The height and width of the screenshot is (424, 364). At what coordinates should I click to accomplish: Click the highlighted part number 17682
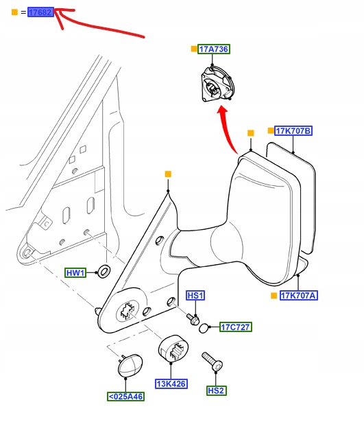(x=41, y=12)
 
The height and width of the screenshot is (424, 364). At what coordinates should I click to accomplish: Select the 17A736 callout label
(x=214, y=49)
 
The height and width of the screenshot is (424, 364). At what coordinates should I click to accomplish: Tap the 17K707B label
(x=293, y=131)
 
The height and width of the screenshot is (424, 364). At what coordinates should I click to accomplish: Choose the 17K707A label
(x=299, y=295)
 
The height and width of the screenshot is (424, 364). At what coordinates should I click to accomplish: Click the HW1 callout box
(x=75, y=273)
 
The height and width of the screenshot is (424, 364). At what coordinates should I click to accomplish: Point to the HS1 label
(x=195, y=296)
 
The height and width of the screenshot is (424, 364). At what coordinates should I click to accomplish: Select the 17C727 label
(x=236, y=327)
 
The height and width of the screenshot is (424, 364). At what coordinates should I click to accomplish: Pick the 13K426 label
(x=171, y=384)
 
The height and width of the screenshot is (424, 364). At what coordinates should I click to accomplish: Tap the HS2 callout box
(x=216, y=390)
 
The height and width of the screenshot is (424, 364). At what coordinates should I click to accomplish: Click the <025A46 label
(x=125, y=397)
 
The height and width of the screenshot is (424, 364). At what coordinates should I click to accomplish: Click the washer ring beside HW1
(x=104, y=272)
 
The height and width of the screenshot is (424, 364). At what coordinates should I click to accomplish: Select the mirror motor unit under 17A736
(x=218, y=84)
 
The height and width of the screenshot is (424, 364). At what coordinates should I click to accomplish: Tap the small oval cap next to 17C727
(x=204, y=328)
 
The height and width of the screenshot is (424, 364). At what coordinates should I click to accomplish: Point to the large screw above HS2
(x=213, y=362)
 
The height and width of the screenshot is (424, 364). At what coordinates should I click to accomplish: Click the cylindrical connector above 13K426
(x=173, y=349)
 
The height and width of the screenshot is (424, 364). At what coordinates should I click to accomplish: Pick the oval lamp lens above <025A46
(x=130, y=365)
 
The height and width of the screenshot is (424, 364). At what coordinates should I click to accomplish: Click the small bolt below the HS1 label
(x=193, y=319)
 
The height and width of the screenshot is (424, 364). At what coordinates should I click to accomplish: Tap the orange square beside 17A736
(x=194, y=49)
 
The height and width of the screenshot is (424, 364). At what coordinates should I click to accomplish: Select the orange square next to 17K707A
(x=274, y=296)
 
